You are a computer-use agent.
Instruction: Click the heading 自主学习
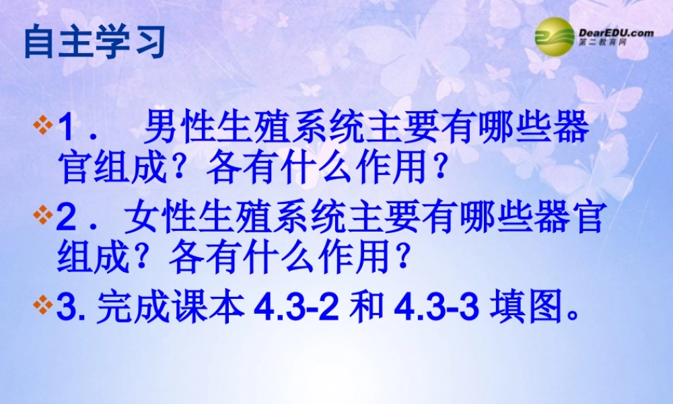95,42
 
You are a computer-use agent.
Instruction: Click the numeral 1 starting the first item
67,129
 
